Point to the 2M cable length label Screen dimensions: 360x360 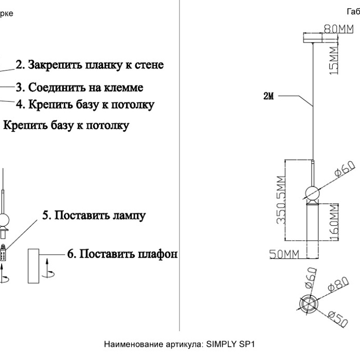268,96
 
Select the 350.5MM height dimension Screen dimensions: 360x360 280,200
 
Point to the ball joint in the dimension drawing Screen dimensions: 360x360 313,192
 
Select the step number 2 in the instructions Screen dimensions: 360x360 20,65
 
